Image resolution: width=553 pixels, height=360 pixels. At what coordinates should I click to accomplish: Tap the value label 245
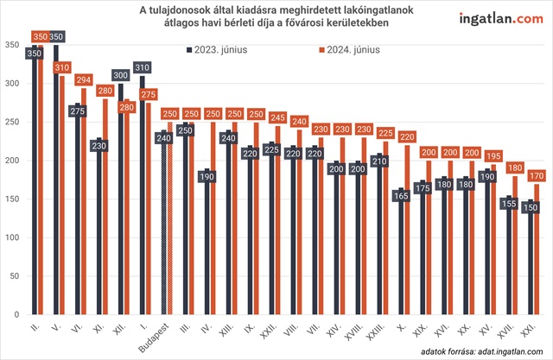point(276,117)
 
